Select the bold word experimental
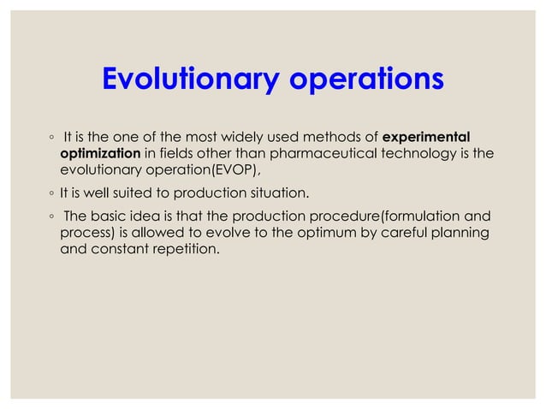pos(426,137)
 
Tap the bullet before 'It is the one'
pos(51,138)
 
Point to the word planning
pos(460,234)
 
